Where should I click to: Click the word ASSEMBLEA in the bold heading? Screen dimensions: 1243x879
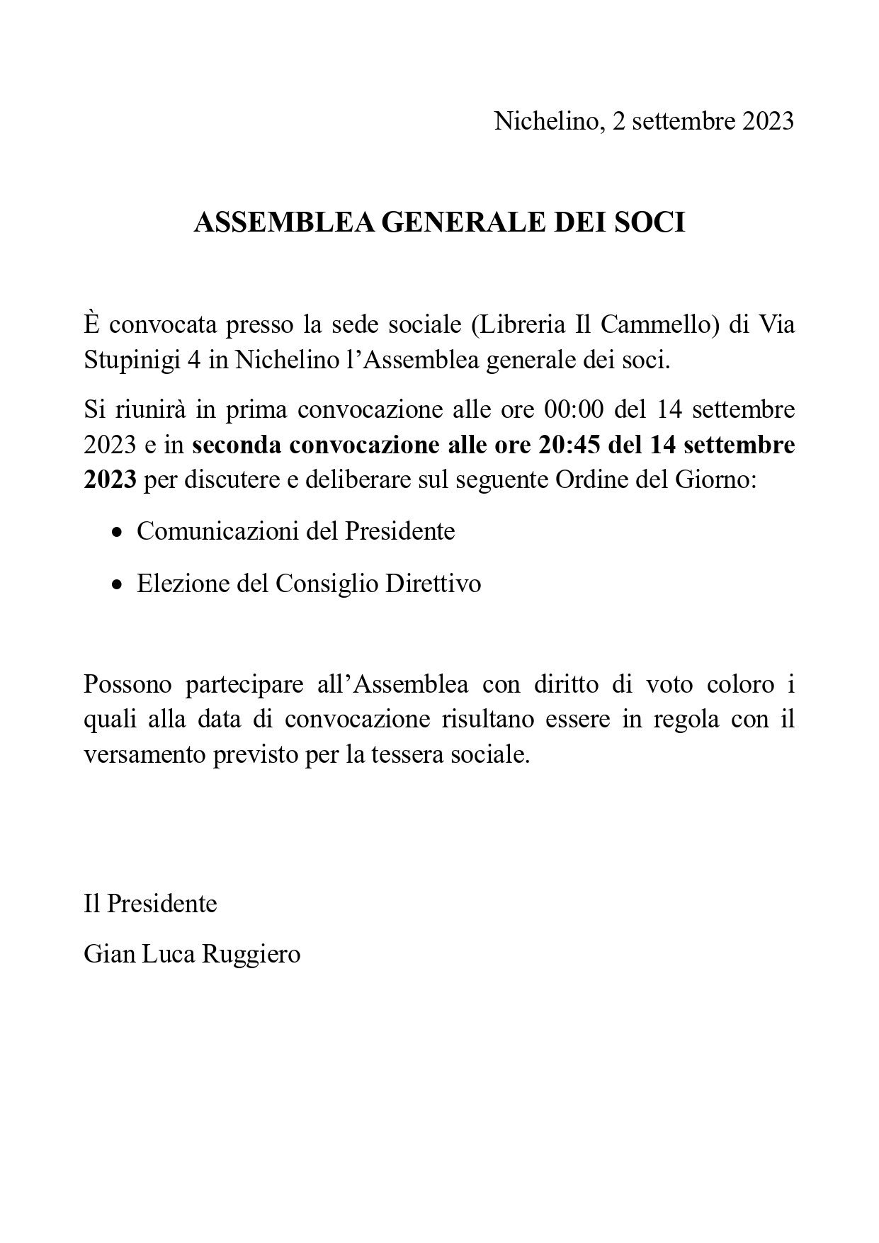point(285,223)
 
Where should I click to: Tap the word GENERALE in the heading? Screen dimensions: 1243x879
point(464,223)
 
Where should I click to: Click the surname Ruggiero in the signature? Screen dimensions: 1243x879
point(251,954)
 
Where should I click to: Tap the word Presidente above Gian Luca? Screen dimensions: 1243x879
point(161,904)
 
